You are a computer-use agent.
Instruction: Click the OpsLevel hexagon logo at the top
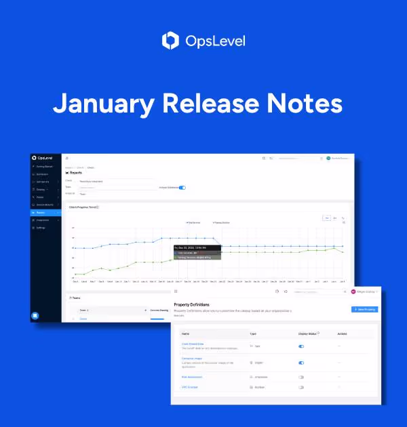click(170, 41)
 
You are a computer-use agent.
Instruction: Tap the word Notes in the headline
click(311, 103)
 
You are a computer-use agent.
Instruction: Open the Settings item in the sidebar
click(41, 228)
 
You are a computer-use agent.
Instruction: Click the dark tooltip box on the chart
click(197, 252)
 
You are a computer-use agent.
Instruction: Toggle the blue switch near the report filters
click(182, 187)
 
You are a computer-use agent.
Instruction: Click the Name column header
click(186, 333)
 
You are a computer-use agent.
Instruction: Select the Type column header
click(253, 333)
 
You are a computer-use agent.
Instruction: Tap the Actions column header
click(343, 333)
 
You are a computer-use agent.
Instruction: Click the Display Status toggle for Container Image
click(301, 363)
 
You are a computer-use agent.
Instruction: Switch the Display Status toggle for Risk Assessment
click(301, 377)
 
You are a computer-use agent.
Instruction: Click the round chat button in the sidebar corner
click(35, 315)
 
